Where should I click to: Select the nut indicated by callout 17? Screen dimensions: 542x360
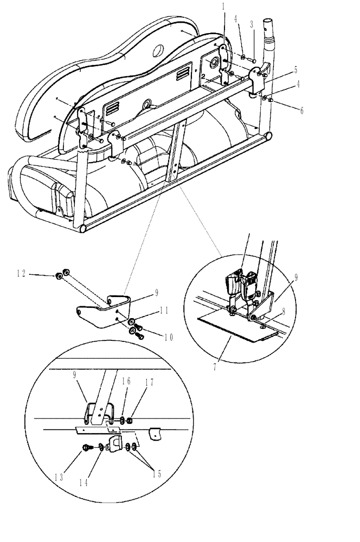click(x=129, y=420)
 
